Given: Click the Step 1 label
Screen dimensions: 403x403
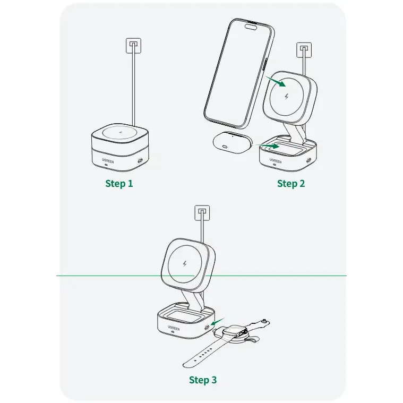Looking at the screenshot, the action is click(119, 184).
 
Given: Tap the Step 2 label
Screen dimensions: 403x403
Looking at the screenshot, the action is click(291, 184).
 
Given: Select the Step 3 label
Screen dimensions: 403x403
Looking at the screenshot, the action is click(203, 380).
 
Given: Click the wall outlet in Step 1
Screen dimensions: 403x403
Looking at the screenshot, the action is click(133, 46).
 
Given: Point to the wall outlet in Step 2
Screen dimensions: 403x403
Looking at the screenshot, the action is click(304, 50).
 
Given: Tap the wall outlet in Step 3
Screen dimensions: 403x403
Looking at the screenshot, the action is click(202, 213).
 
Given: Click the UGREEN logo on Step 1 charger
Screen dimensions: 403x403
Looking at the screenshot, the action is click(108, 161).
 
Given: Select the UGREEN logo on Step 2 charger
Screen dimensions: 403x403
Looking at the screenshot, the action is click(275, 161).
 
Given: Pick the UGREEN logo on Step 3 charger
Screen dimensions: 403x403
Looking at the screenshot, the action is click(174, 328).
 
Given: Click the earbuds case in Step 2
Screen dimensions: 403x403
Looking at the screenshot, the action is click(233, 142).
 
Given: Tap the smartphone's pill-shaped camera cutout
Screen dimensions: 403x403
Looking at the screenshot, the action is click(251, 27).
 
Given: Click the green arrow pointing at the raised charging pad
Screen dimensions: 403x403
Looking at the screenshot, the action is click(275, 81).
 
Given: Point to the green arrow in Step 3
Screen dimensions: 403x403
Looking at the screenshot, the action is click(218, 321).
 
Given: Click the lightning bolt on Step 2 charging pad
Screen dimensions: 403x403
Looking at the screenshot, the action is click(287, 97).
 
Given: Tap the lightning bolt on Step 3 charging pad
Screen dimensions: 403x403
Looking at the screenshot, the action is click(185, 264).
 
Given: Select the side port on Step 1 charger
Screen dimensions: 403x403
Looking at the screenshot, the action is click(140, 161).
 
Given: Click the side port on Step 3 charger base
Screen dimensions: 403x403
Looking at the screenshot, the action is click(207, 328).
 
